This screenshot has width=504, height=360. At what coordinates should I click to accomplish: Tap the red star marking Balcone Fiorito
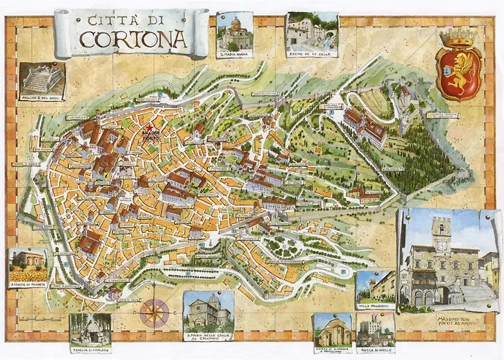tap(149, 127)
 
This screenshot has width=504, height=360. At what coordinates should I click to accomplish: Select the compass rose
tap(154, 312)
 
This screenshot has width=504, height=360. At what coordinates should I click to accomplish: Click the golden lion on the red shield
tap(459, 74)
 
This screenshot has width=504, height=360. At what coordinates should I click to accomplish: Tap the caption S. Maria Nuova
tap(235, 54)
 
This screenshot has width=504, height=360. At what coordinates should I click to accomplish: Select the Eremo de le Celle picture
tap(312, 30)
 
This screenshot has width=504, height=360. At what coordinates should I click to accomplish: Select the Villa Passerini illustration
tap(375, 285)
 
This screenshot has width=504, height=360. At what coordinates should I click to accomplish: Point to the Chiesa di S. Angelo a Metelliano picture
tap(333, 330)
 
